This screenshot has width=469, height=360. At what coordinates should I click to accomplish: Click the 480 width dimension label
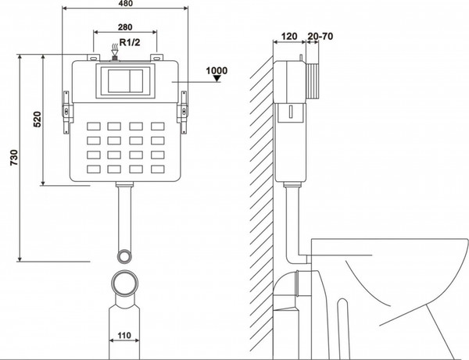tap(125, 3)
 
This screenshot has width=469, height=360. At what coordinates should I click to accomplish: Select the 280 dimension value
tap(125, 27)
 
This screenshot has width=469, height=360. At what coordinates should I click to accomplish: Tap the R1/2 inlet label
tap(130, 42)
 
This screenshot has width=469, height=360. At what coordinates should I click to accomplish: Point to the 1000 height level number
tap(217, 71)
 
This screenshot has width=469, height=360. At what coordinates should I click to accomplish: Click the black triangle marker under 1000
tap(217, 78)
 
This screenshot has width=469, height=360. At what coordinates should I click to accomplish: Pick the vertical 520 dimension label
tap(37, 119)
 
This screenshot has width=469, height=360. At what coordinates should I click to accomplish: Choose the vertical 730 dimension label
tap(14, 158)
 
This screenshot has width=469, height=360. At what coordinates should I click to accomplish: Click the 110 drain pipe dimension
tap(124, 336)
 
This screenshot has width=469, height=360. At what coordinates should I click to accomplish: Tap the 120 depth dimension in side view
tap(289, 36)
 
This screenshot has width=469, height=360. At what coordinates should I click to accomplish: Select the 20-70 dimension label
tap(320, 36)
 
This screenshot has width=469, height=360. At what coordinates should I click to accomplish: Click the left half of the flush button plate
tap(119, 81)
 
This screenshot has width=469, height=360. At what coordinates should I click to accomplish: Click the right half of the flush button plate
tap(137, 81)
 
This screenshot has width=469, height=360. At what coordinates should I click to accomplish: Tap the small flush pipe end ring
tap(124, 256)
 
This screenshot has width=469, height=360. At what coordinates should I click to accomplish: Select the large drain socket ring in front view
tap(125, 283)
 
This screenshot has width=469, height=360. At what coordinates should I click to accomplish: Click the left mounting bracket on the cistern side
tap(66, 112)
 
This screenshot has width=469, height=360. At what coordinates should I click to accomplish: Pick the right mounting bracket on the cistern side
tap(183, 112)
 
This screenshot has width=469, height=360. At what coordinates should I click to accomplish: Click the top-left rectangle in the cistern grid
tap(94, 126)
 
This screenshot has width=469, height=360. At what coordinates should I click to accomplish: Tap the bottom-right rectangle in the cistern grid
tap(158, 169)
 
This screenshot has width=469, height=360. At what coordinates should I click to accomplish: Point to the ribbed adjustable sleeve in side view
tap(312, 81)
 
